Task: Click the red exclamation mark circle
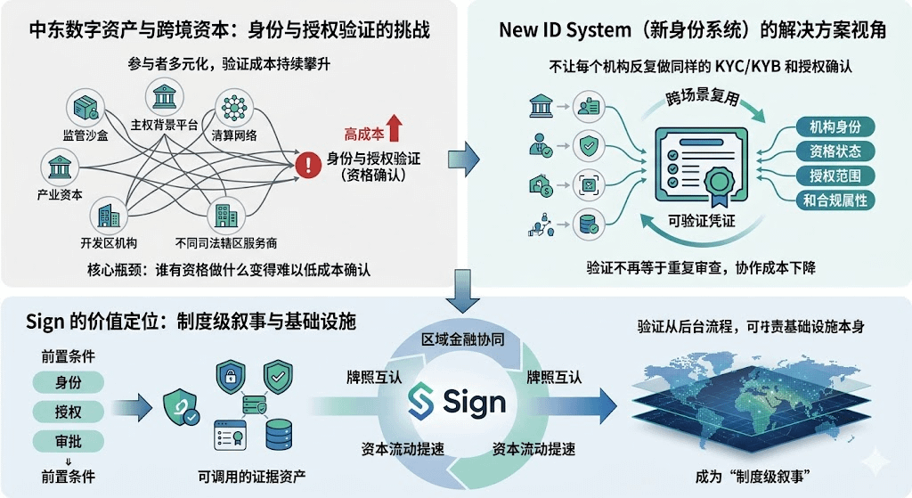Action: pos(307,166)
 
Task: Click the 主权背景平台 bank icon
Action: pos(166,97)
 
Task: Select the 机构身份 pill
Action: pos(828,127)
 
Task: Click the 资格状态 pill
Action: pos(828,151)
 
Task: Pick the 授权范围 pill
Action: pos(828,176)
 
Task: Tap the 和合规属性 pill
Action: pos(828,200)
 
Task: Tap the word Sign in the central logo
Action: pos(473,402)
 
